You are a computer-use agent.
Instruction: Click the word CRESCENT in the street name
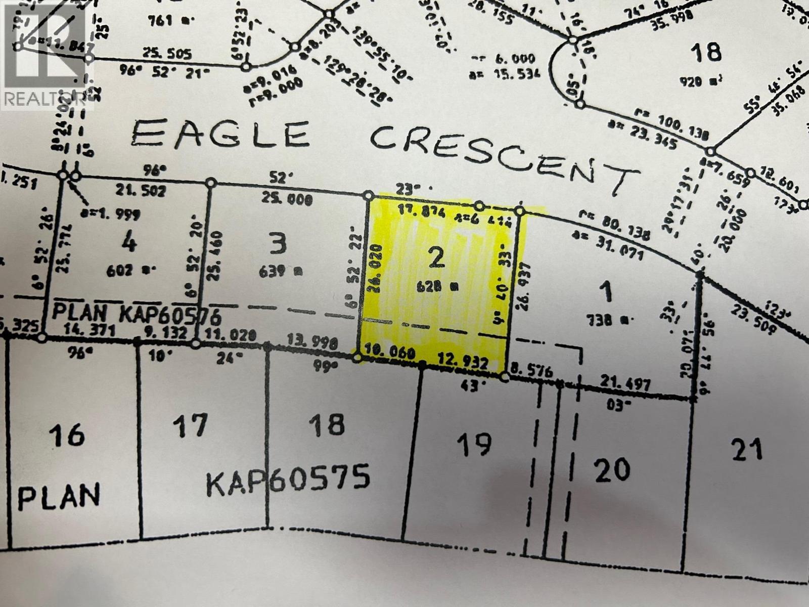503,154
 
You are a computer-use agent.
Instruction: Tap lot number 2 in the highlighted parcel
436,258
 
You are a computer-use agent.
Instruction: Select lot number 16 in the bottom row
67,436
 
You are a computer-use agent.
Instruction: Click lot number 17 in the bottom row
191,425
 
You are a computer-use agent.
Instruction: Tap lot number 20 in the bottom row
612,469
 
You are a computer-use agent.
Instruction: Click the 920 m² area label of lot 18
705,80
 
